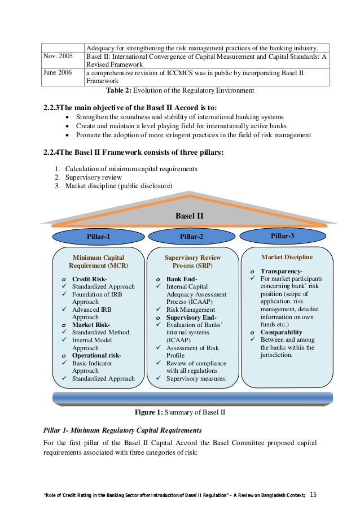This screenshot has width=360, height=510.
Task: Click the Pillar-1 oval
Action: [98, 237]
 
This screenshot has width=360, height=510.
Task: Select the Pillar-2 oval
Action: [191, 237]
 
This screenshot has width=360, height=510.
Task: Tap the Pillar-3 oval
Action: [282, 236]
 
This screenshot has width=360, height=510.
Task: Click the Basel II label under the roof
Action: [189, 215]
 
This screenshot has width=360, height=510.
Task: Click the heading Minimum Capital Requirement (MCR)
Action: [98, 261]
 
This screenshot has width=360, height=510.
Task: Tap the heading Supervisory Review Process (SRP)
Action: [192, 261]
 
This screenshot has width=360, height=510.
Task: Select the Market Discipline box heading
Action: [287, 257]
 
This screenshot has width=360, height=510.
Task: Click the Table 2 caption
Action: [180, 90]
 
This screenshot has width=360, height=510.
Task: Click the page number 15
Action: [314, 495]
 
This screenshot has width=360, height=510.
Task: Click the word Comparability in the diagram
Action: [281, 332]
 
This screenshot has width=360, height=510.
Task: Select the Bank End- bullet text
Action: [181, 279]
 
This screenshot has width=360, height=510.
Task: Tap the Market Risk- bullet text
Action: [90, 325]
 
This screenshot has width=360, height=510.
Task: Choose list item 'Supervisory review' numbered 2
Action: [93, 177]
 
